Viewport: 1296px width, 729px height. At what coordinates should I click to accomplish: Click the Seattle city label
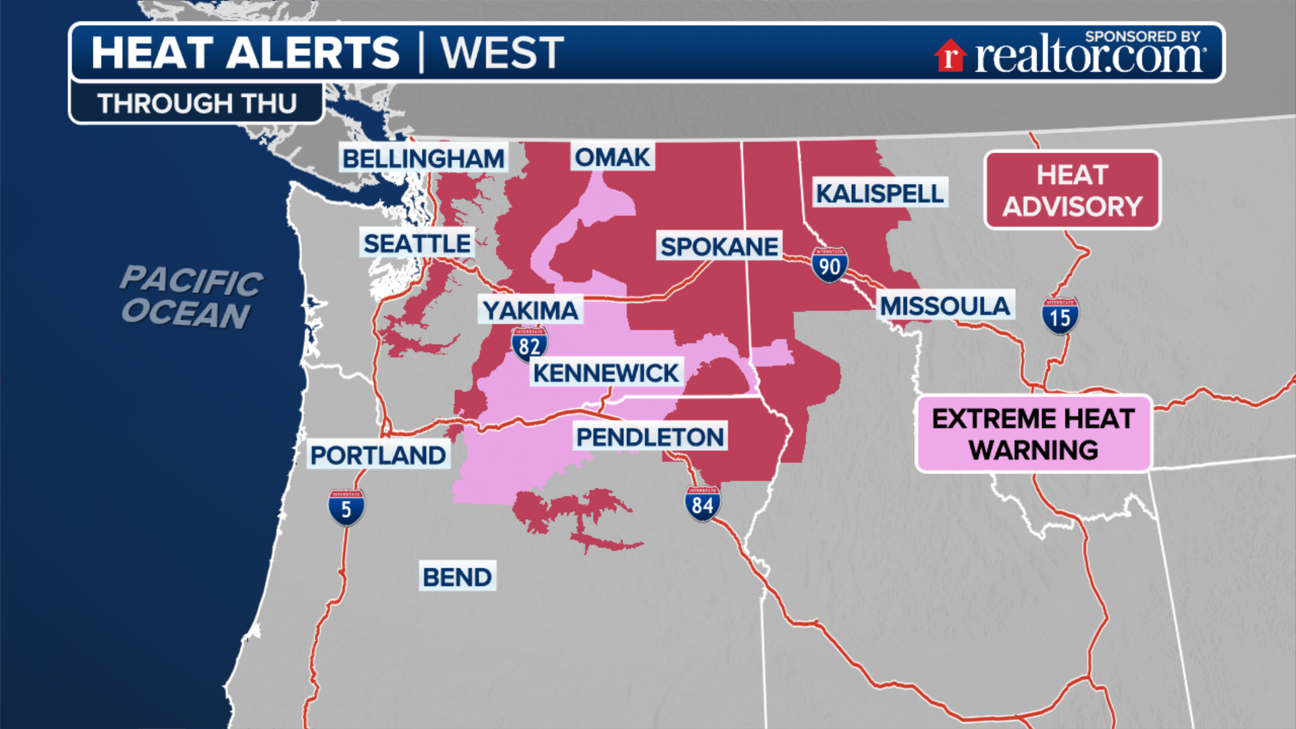[x=417, y=243]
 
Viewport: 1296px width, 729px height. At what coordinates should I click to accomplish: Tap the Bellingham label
[x=423, y=159]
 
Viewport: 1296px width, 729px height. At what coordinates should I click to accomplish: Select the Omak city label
[x=612, y=157]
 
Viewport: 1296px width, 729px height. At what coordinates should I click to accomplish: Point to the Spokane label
[x=720, y=246]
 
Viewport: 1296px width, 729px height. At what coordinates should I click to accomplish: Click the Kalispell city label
[x=880, y=194]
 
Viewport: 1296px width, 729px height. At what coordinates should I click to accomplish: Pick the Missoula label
[x=944, y=306]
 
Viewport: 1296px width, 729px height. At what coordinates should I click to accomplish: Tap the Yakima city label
[x=531, y=310]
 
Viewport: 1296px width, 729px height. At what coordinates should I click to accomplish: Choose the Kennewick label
[x=605, y=373]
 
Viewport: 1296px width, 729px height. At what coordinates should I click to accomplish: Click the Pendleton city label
[x=650, y=437]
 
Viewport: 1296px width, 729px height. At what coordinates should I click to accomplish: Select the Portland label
[x=378, y=455]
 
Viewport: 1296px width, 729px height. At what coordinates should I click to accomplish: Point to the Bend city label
[x=457, y=577]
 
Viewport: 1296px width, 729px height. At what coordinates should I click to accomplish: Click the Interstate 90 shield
[x=830, y=265]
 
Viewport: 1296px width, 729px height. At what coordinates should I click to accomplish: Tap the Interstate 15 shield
[x=1060, y=316]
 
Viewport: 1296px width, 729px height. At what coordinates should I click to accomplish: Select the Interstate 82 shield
[x=529, y=344]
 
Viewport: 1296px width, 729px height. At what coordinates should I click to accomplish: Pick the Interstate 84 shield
[x=703, y=504]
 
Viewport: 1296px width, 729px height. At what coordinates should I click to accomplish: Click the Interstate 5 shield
[x=346, y=508]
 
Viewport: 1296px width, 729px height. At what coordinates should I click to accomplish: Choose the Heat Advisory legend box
[x=1072, y=190]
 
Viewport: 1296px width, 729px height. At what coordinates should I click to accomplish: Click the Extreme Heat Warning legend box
[x=1033, y=433]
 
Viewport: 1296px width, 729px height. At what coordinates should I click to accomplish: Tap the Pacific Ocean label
[x=191, y=297]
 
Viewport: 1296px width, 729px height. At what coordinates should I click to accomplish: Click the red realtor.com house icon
[x=950, y=55]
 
